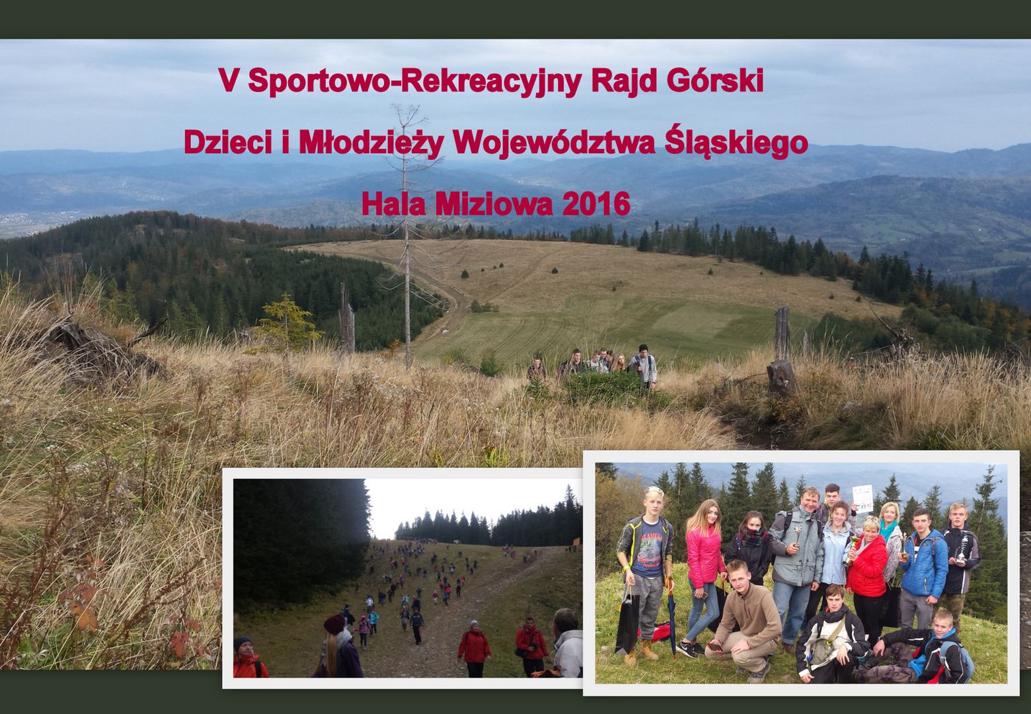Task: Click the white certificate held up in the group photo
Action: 862,499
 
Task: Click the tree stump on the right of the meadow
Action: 781,377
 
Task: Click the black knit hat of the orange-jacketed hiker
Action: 243,642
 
